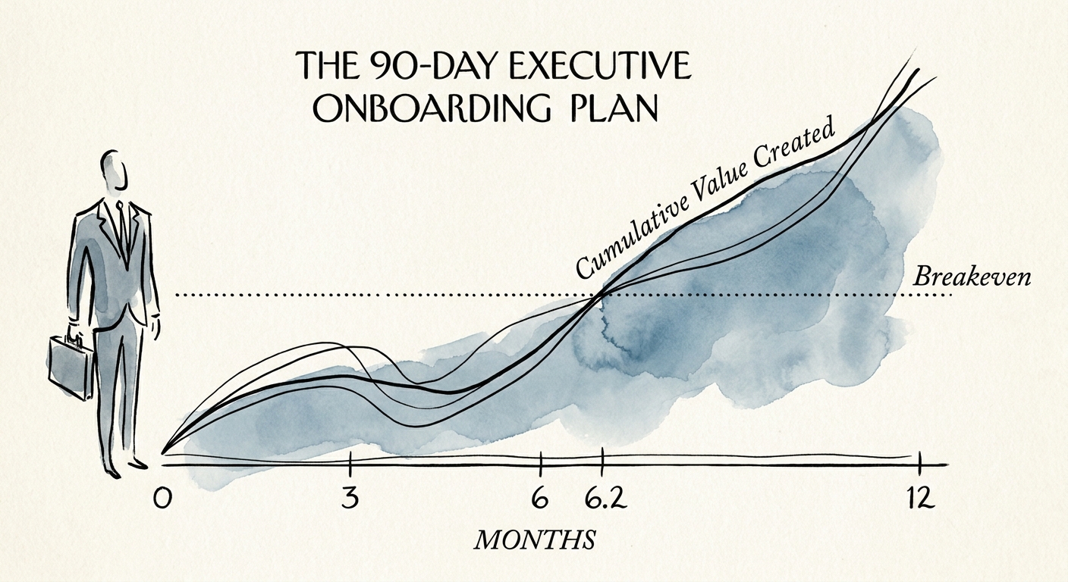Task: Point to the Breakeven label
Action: click(x=972, y=277)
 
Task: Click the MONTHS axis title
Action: click(x=534, y=540)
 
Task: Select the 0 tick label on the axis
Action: click(x=162, y=500)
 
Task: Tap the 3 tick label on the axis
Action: click(x=350, y=500)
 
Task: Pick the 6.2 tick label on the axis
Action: click(x=602, y=500)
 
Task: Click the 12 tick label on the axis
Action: click(x=919, y=500)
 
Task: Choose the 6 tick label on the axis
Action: click(x=540, y=500)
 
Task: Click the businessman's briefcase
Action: click(x=69, y=367)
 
